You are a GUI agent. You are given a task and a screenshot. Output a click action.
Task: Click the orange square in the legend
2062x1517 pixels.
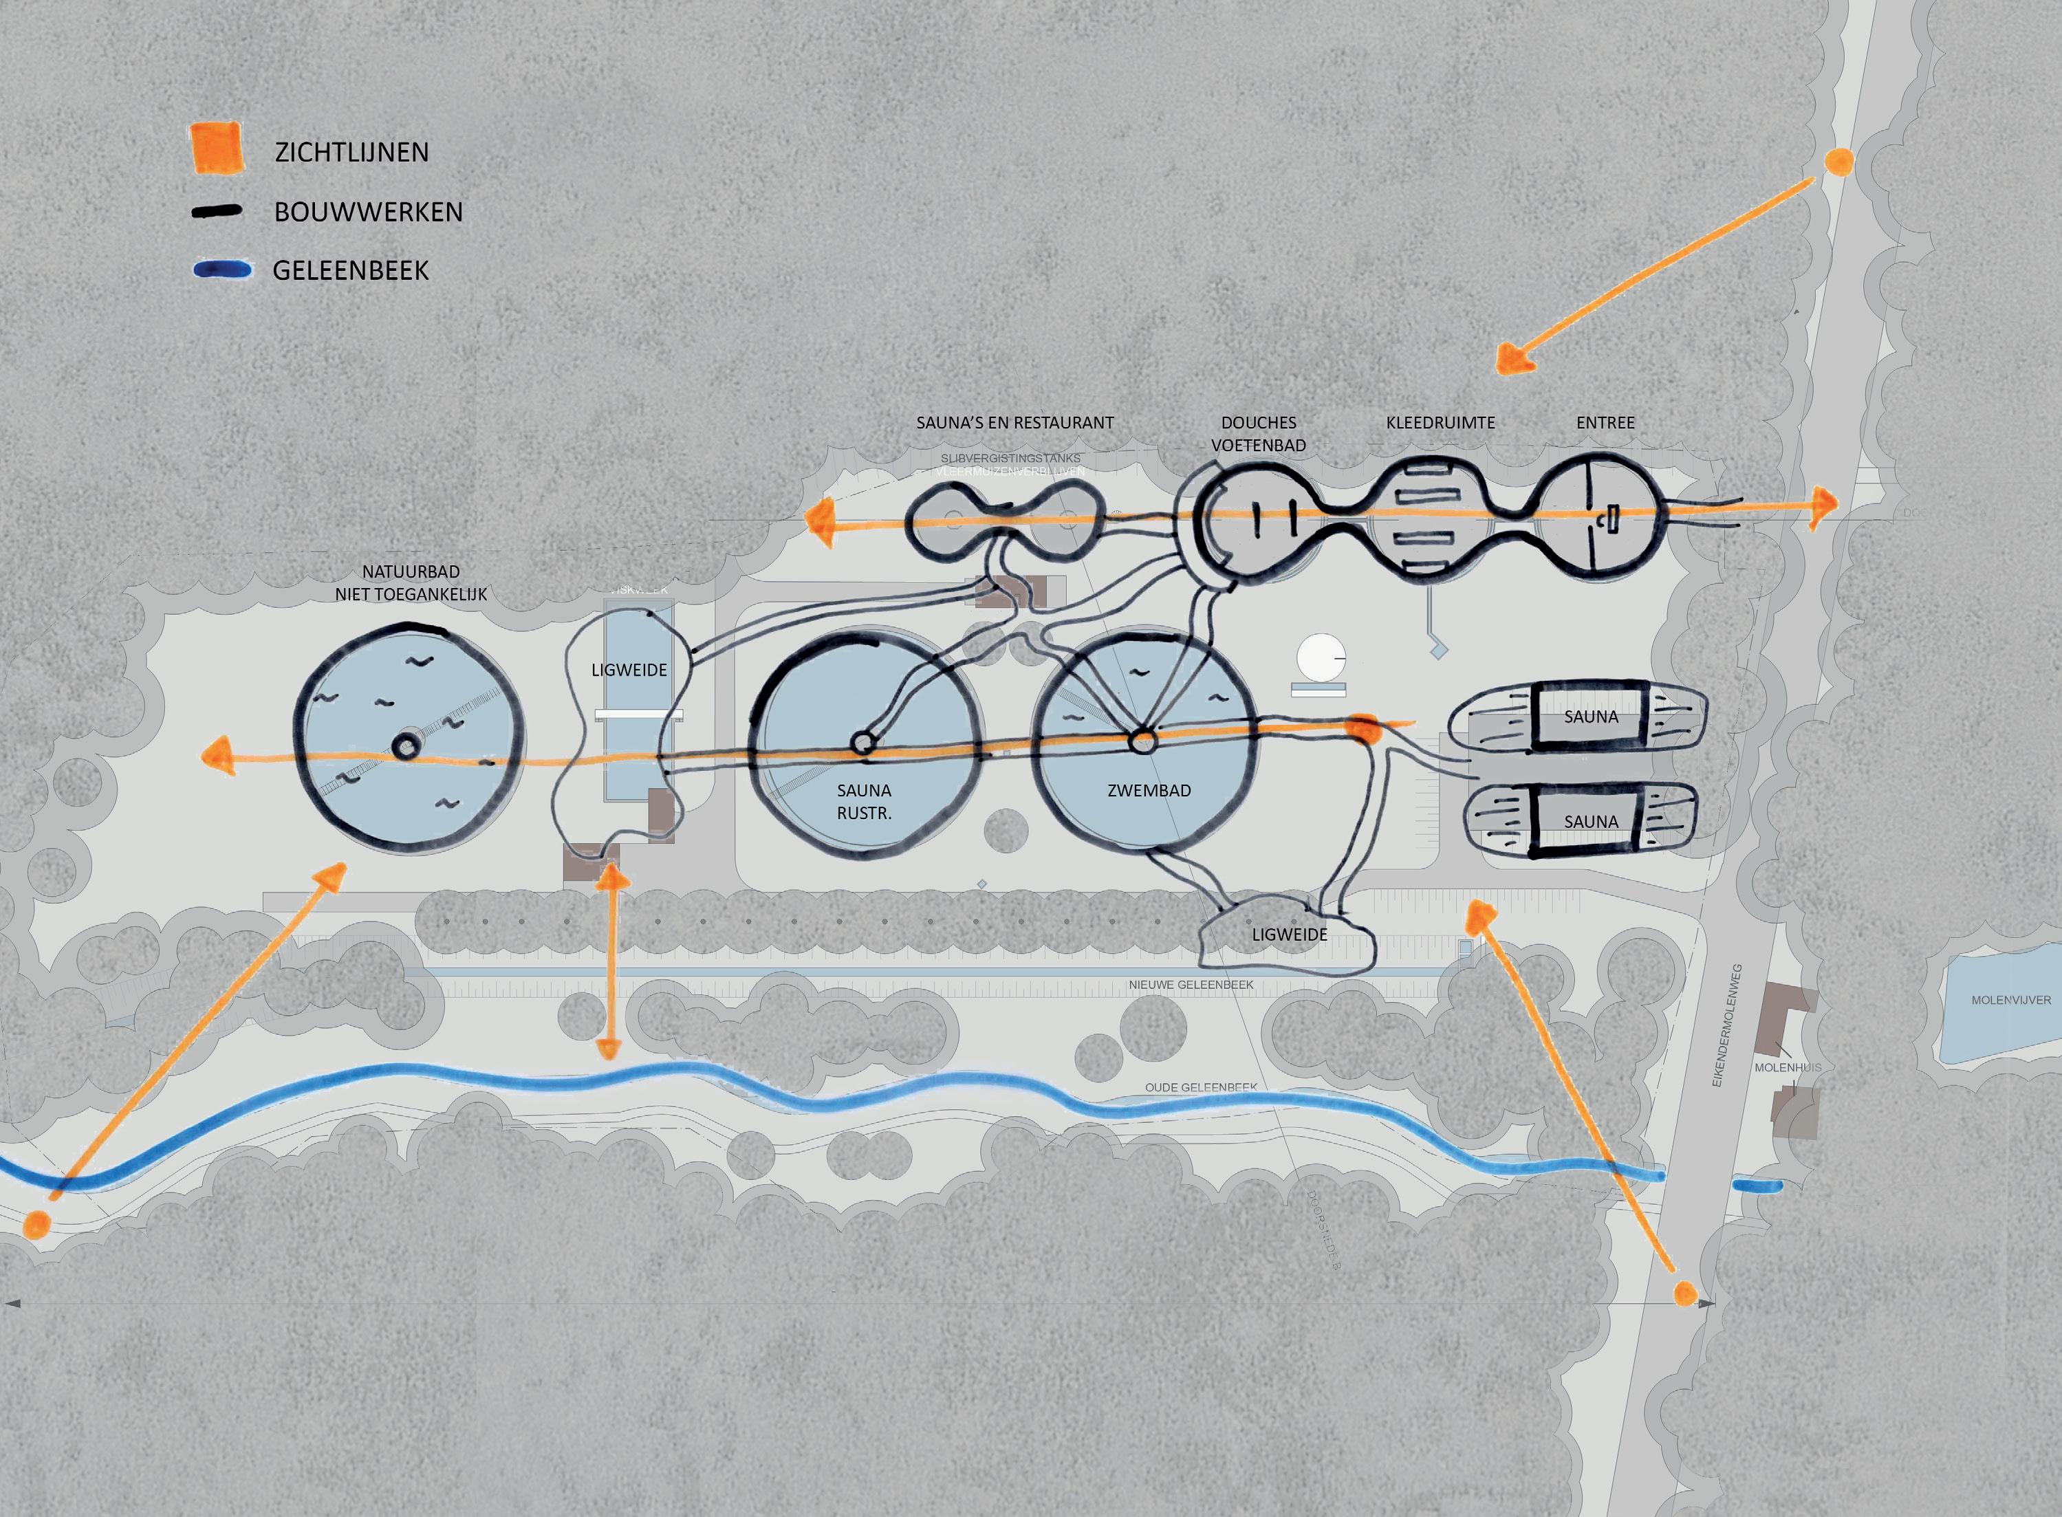point(217,147)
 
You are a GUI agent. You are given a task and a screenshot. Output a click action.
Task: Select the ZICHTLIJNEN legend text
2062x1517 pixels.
point(351,153)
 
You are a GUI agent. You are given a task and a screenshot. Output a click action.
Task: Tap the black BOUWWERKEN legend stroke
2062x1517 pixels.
point(217,212)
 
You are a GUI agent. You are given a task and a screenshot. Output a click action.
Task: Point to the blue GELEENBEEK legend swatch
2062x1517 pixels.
point(221,270)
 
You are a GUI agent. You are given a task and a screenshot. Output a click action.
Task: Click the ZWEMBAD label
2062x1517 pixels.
point(1149,789)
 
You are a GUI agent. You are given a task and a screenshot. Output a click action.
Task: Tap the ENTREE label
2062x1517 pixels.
point(1605,422)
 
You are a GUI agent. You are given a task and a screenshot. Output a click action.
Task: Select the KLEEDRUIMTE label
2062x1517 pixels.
point(1440,422)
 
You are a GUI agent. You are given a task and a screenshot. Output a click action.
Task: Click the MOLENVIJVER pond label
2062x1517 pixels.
point(2010,1000)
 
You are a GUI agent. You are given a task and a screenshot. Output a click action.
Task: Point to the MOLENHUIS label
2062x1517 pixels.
point(1788,1067)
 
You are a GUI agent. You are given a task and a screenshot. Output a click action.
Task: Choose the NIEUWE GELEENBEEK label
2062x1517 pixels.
point(1191,984)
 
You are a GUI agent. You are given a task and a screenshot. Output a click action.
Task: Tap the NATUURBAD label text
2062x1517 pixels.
point(411,571)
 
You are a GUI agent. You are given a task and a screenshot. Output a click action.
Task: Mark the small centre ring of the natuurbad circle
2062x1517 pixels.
point(406,747)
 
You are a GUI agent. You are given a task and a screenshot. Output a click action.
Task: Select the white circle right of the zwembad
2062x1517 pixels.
point(1321,657)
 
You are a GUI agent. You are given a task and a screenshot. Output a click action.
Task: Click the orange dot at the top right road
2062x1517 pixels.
point(1838,162)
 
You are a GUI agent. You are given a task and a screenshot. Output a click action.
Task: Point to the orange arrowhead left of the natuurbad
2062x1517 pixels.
point(217,756)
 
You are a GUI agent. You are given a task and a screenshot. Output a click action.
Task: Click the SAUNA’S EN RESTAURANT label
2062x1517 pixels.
point(1015,422)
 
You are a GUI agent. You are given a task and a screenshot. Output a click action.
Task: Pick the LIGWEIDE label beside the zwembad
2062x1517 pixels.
point(1290,934)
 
